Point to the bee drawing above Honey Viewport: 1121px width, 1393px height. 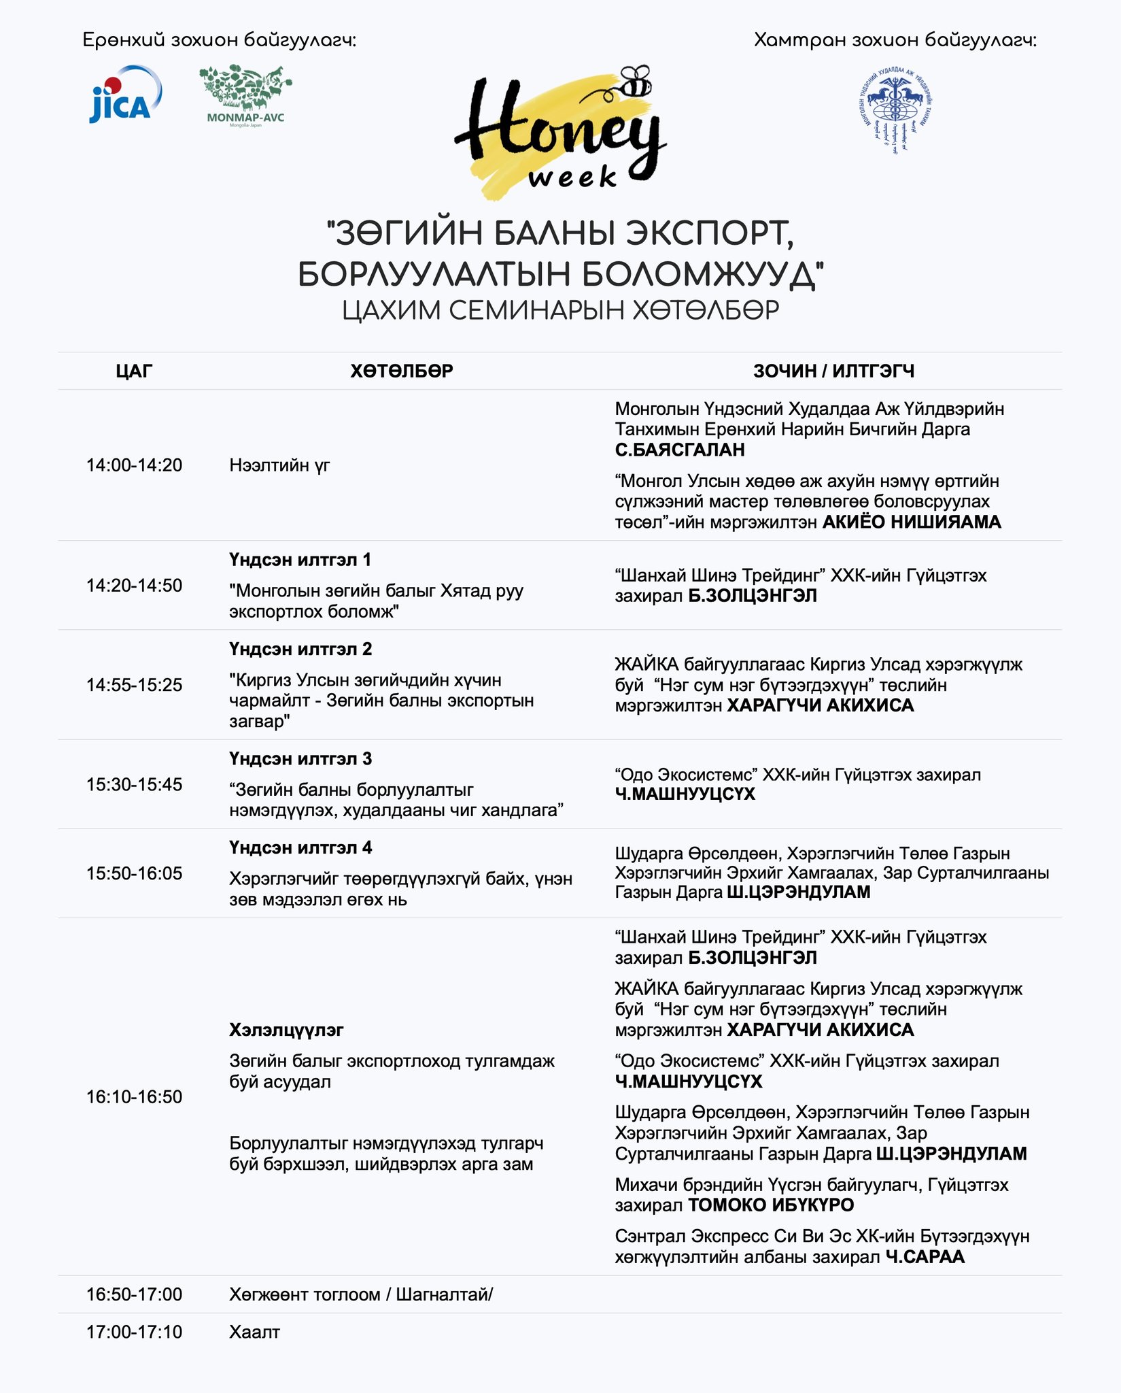tap(634, 82)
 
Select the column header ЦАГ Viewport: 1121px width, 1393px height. tap(134, 371)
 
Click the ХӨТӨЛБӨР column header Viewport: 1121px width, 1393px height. tap(402, 371)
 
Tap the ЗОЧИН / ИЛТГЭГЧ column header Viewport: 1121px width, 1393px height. tap(833, 371)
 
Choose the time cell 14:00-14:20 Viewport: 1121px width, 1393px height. tap(134, 465)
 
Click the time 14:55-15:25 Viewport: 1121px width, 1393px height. tap(134, 685)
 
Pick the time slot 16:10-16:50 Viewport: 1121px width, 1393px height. tap(134, 1096)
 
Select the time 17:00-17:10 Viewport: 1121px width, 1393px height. tap(134, 1332)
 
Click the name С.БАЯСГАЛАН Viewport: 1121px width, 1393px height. tap(680, 450)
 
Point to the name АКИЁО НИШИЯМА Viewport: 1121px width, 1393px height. tap(912, 522)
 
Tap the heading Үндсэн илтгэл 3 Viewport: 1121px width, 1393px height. tap(300, 758)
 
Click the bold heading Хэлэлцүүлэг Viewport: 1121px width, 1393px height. tap(286, 1030)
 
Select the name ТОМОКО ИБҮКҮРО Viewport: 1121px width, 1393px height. tap(771, 1205)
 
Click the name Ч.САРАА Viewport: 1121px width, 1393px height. tap(925, 1257)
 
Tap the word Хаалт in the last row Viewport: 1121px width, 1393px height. tap(254, 1332)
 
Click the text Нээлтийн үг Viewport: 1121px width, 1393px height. tap(279, 465)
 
